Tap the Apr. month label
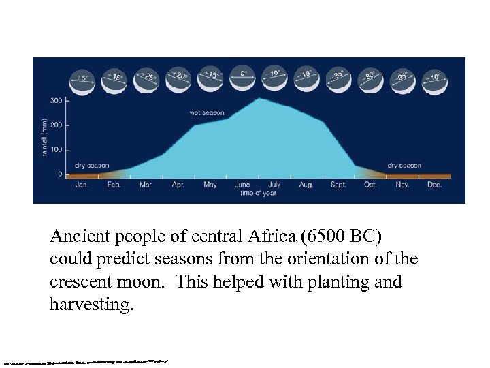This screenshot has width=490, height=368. (x=178, y=184)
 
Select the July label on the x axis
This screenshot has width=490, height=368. (x=275, y=184)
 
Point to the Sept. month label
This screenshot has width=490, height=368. (x=338, y=184)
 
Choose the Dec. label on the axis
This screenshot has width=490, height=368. (x=435, y=184)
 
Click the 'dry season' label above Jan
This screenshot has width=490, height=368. (x=91, y=165)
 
